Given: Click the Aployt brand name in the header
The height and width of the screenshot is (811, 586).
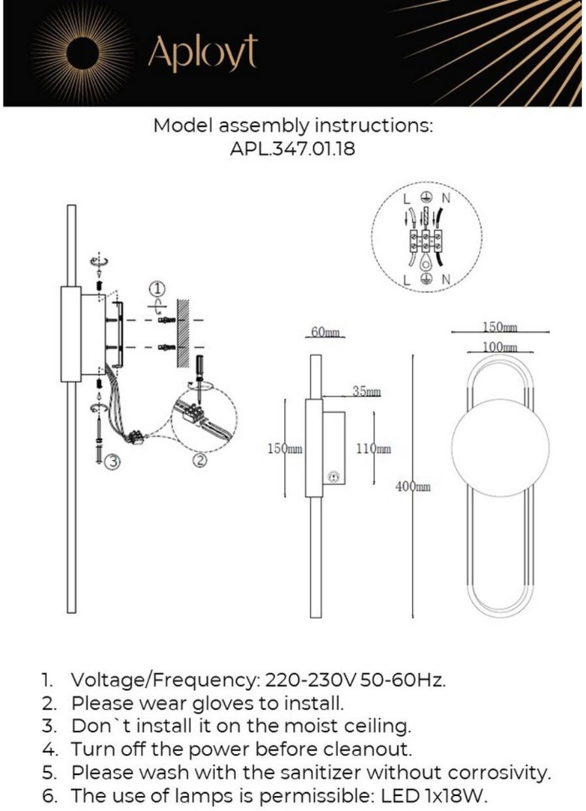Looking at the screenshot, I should tap(203, 54).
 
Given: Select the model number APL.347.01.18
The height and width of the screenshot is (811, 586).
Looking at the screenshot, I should tap(293, 149).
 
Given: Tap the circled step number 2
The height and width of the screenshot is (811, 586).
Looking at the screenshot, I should tap(200, 460).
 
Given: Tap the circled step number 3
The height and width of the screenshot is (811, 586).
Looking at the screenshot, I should tap(113, 462).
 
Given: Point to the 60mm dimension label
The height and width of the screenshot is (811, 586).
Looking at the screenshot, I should tap(325, 332).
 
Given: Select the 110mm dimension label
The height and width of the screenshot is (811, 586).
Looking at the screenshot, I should tap(374, 449).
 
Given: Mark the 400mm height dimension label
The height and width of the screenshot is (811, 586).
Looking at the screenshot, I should tap(413, 487).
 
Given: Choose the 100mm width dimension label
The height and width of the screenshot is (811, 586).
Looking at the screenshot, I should tap(500, 346).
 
